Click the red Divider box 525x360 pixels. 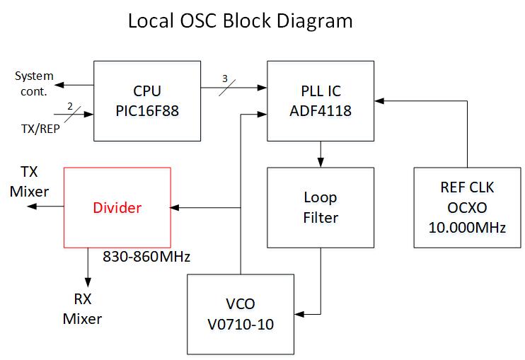point(117,208)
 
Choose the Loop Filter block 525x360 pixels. point(321,208)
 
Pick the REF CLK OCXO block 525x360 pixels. point(467,208)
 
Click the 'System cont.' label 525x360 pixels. point(34,83)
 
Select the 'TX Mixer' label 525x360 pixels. point(29,181)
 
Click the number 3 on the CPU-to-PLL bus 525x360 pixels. point(225,79)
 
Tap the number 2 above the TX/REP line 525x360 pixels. point(69,105)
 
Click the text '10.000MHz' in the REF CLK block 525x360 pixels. point(467,227)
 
